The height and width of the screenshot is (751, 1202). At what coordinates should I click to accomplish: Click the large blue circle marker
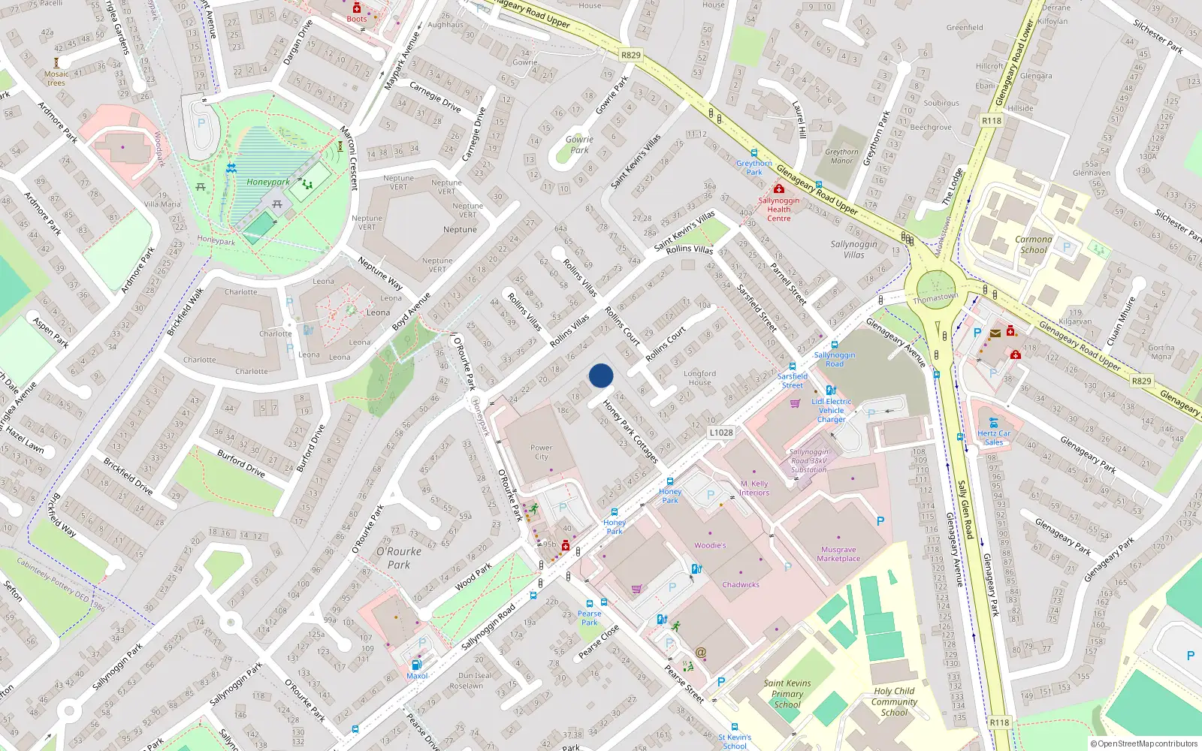click(601, 375)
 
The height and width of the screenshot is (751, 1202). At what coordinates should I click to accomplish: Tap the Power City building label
click(541, 452)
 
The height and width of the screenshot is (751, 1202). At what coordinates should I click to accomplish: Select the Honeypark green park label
click(268, 182)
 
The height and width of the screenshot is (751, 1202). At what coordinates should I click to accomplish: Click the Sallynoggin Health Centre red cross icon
click(779, 189)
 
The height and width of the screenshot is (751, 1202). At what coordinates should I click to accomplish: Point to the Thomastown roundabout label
click(935, 297)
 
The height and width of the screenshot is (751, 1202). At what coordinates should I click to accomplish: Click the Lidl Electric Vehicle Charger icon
click(831, 391)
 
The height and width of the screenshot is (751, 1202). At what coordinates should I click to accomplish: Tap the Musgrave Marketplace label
click(838, 554)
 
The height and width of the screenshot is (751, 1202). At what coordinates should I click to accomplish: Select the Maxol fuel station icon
click(417, 665)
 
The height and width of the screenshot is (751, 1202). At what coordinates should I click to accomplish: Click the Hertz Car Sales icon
click(994, 423)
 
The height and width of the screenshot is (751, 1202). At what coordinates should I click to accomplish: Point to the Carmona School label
click(1033, 245)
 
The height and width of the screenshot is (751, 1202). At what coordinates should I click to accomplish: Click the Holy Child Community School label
click(894, 701)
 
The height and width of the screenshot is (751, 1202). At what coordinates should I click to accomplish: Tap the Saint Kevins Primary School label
click(787, 693)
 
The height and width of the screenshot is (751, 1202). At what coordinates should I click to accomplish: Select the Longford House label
click(699, 378)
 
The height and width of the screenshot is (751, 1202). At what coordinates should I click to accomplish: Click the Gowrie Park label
click(579, 144)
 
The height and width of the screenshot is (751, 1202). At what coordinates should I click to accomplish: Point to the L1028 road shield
click(720, 433)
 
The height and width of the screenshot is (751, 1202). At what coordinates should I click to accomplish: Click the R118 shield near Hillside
click(992, 120)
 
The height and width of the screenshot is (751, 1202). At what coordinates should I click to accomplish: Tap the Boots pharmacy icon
click(357, 8)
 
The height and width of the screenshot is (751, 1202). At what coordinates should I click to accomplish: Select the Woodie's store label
click(710, 545)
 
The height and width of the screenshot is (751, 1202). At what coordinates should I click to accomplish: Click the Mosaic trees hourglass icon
click(56, 63)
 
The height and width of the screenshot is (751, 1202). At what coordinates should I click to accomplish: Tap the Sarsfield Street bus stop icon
click(793, 366)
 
